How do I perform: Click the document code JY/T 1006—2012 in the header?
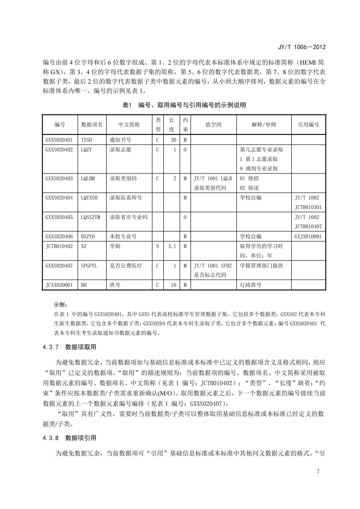click(x=301, y=47)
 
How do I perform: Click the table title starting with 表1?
click(x=184, y=105)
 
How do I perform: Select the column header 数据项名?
click(x=92, y=125)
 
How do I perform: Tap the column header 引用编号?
click(x=308, y=125)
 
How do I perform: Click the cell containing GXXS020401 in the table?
click(x=59, y=140)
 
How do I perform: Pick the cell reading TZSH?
click(x=87, y=140)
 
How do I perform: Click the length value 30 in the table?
click(x=173, y=140)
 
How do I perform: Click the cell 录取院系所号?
click(x=126, y=198)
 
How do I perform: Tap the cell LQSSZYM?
click(x=90, y=217)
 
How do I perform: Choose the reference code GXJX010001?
click(x=308, y=236)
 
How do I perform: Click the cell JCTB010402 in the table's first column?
click(x=59, y=246)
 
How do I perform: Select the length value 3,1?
click(x=172, y=246)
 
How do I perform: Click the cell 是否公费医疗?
click(x=126, y=266)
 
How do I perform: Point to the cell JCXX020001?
click(x=59, y=285)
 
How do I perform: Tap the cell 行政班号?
click(x=250, y=285)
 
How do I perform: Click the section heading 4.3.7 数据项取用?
click(x=69, y=347)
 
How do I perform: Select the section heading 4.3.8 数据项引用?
click(x=69, y=438)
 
